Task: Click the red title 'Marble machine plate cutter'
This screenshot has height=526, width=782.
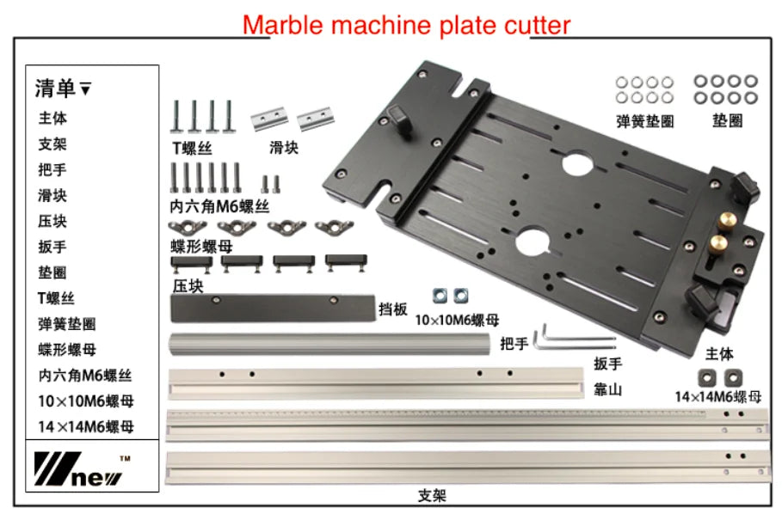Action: pos(406,24)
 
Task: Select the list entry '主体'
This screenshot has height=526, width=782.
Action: pos(52,119)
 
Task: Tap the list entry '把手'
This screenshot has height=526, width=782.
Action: pos(52,170)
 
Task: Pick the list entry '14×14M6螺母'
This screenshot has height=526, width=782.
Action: pos(86,426)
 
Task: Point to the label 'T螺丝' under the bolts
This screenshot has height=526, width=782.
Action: pos(192,148)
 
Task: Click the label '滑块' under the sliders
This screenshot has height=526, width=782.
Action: pos(284,148)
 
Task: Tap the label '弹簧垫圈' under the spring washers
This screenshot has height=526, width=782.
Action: pos(645,121)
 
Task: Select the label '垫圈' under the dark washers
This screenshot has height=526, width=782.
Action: pos(727,121)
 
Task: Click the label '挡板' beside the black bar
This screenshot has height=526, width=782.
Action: pos(393,309)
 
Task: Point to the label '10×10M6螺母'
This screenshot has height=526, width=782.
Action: pos(457,321)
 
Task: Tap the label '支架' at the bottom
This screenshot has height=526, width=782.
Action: pos(433,496)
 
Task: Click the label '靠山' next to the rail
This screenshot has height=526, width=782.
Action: pos(607,389)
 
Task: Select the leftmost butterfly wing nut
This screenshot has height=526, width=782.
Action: pos(185,228)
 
